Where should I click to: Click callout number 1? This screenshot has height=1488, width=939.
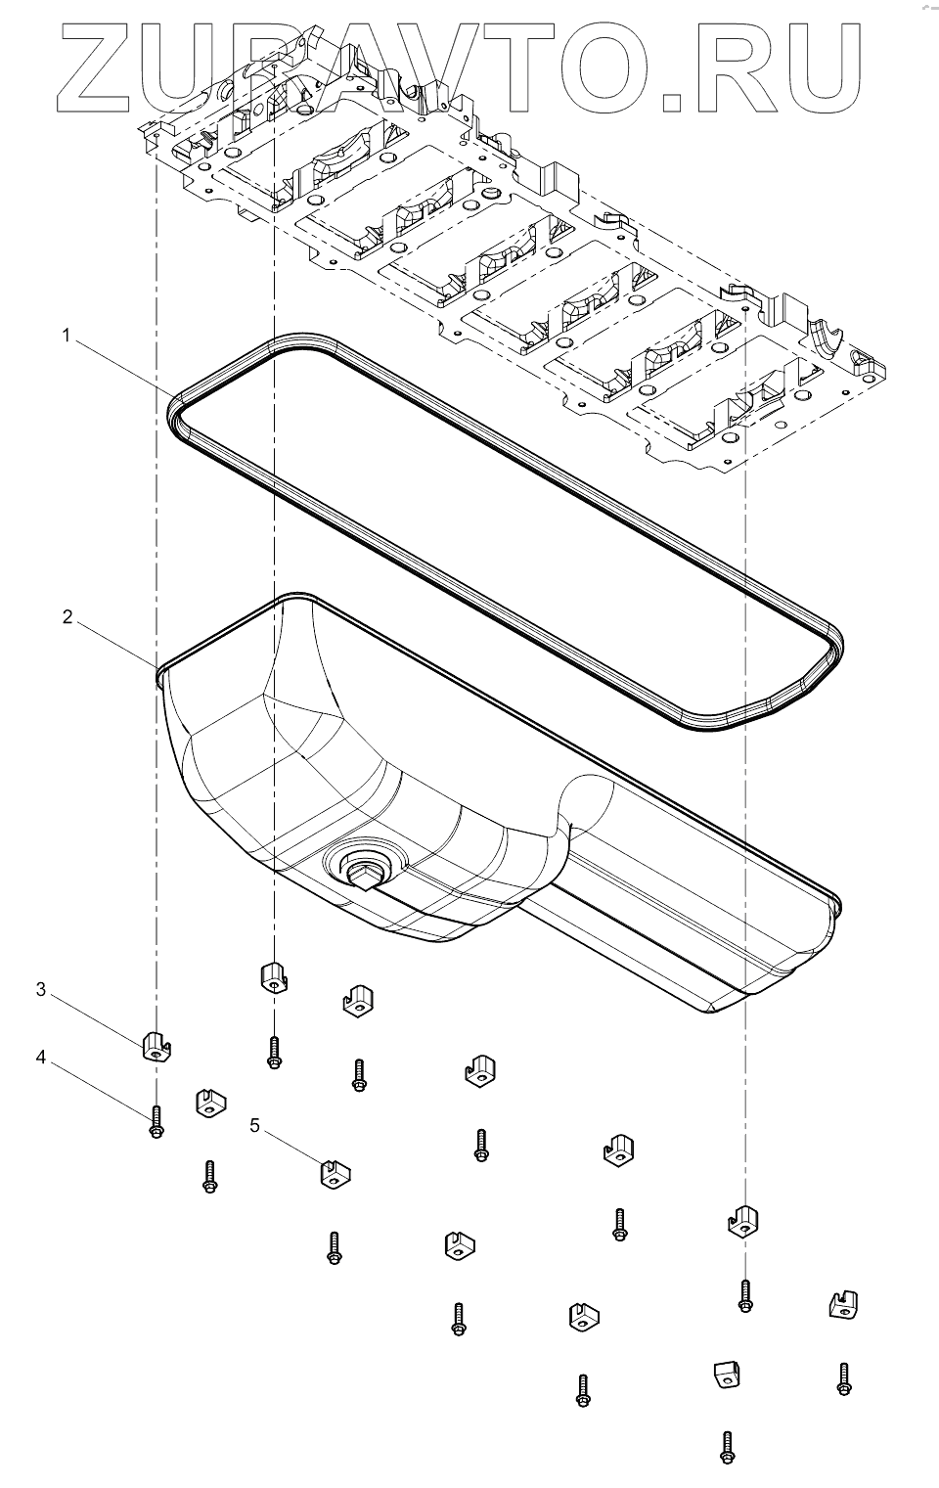[x=67, y=337]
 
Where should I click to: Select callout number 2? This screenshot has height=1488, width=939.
[x=67, y=617]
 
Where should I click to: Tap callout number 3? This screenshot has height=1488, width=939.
[x=41, y=989]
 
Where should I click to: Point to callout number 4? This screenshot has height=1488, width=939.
[x=41, y=1056]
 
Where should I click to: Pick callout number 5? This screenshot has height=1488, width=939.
[x=255, y=1125]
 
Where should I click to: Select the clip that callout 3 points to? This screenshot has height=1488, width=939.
[x=156, y=1046]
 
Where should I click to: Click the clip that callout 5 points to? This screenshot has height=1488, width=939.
[x=335, y=1173]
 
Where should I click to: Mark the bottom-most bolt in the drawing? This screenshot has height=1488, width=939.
[x=727, y=1447]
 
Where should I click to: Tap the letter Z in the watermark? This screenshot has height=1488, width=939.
[x=102, y=63]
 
